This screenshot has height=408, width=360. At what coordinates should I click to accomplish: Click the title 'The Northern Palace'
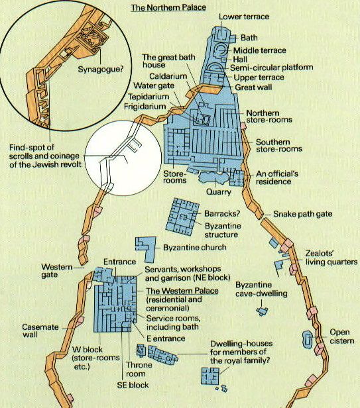pos(168,7)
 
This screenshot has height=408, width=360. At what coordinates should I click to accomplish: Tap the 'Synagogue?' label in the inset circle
pos(101,70)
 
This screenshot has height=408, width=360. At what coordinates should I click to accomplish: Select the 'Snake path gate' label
pos(303,214)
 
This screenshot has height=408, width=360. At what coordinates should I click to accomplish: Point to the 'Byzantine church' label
pos(195,247)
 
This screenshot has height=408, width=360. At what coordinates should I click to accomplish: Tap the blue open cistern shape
pos(308,339)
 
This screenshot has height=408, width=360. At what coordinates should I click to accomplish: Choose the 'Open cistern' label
pos(341,336)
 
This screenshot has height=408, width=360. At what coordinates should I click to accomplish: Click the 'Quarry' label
pos(219,192)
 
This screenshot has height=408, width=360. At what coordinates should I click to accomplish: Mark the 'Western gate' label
pos(57,271)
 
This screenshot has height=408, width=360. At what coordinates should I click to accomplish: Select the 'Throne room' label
pos(139,370)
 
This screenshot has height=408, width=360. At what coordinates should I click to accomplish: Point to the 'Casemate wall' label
pos(40,331)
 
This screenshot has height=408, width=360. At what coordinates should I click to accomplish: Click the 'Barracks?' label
pos(222,214)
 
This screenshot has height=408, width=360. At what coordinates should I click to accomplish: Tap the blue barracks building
pos(182,217)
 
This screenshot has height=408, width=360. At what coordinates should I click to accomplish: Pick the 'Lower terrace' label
pos(244,17)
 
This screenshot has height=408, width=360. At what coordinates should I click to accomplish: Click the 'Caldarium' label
pos(168,76)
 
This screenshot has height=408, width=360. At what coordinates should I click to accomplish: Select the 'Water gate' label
pos(154,85)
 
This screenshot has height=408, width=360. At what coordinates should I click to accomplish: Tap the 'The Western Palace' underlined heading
pos(182,291)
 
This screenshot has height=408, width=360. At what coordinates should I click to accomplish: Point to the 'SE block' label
pos(133,385)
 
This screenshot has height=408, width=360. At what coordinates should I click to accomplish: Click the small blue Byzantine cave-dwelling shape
pos(262,311)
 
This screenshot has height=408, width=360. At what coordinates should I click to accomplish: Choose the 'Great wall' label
pos(253,87)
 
